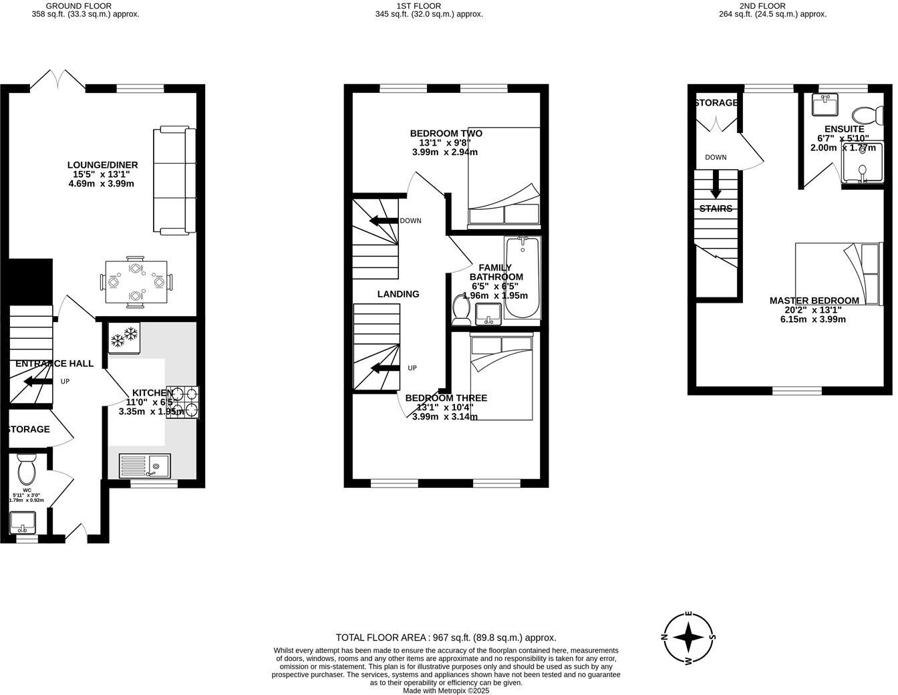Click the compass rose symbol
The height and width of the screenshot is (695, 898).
tap(688, 638)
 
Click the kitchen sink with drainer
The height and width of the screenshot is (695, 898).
tap(145, 465)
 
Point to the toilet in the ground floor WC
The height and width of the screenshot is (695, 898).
tap(27, 470)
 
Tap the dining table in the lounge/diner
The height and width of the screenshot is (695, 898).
tap(136, 281)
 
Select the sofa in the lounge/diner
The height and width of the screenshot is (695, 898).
tap(175, 181)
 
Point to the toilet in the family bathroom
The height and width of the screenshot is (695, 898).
tap(461, 309)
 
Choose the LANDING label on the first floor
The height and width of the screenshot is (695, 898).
tap(398, 294)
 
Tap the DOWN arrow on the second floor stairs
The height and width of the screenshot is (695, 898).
tap(716, 185)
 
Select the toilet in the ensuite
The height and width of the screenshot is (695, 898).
tap(865, 112)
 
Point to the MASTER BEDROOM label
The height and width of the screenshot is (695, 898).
tap(814, 301)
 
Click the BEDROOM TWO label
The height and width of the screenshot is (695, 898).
tap(446, 134)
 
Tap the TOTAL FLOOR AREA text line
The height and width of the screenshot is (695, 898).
tap(446, 638)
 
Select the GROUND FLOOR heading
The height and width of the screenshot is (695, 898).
tap(79, 6)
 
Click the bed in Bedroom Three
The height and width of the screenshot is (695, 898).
tap(501, 378)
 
